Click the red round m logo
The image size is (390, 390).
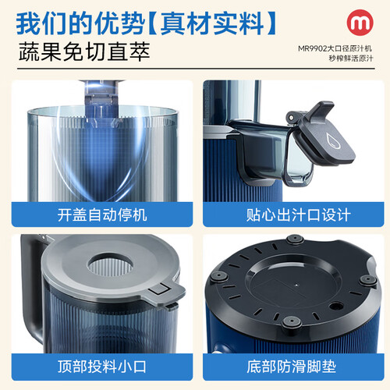pos(360,23)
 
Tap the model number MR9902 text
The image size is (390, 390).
pos(312,48)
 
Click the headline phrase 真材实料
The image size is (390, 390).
pos(212,23)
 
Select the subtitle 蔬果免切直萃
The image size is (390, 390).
pos(84,51)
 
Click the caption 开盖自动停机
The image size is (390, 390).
pos(102,215)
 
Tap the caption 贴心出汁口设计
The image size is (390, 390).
pos(298,215)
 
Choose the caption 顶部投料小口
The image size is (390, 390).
pos(102,367)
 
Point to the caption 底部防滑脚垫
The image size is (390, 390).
pos(292,367)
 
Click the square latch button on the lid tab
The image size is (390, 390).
pos(158,289)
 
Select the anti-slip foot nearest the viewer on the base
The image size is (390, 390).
pos(292,322)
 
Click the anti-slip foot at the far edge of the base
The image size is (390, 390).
pos(295,239)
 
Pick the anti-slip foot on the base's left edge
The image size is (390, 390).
pos(218,276)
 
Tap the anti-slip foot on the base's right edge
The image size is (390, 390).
pos(368,280)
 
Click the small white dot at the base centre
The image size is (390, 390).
pos(296,285)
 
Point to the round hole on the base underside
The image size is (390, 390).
pos(335,305)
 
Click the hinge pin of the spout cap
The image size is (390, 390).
pos(291,119)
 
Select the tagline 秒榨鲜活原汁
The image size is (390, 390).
pos(351,58)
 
